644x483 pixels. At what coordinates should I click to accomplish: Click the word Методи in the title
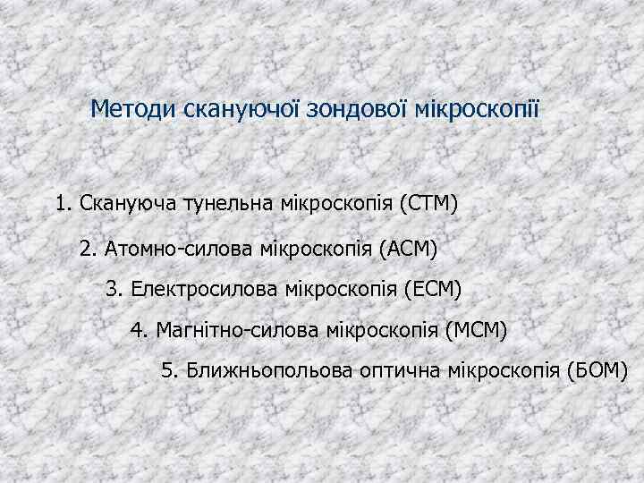[134, 110]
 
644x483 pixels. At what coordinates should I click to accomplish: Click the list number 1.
[61, 204]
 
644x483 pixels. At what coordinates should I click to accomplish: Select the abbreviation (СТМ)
[428, 204]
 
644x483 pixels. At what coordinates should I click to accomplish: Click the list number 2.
[86, 247]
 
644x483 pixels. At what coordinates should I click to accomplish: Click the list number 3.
[112, 290]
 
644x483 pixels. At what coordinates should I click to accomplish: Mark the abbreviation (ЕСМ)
[433, 290]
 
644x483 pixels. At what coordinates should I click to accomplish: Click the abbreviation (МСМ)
[475, 332]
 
